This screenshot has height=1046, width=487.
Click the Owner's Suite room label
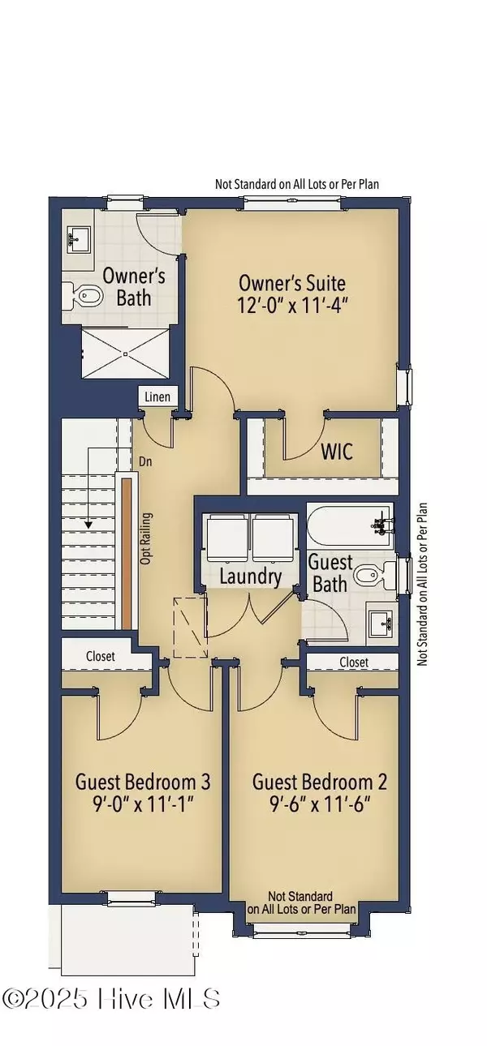292,283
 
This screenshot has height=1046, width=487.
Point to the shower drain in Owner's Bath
125,353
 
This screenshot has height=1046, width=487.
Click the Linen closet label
157,397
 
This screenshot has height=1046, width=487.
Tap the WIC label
337,451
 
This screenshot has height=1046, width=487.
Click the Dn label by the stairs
147,461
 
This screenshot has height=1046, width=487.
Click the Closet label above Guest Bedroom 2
354,662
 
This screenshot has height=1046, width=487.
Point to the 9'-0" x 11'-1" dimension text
143,805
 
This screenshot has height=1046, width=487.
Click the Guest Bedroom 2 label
319,782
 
